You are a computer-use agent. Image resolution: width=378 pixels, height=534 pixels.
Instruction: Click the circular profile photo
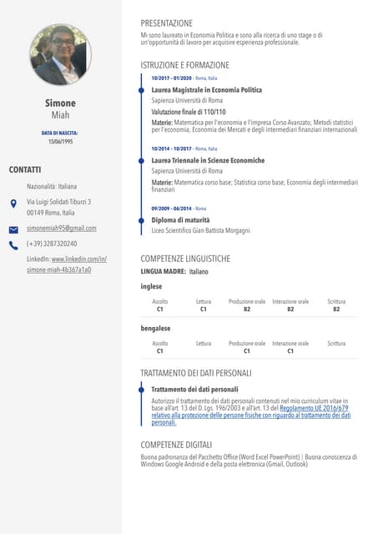pos(61,55)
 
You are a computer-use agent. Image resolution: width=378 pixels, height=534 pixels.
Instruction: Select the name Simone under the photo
pos(60,103)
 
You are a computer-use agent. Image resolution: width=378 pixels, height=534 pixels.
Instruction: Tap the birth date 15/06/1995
pos(60,142)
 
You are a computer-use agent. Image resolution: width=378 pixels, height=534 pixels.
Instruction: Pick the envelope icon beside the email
pos(13,229)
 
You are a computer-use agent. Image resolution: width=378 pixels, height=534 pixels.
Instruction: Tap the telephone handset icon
pos(13,245)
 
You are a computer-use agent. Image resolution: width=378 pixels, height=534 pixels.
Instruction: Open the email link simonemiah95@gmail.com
pos(62,228)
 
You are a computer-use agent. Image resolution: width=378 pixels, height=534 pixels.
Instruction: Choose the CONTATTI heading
pos(25,169)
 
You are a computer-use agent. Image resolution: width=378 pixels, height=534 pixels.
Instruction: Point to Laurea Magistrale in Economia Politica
pos(206,89)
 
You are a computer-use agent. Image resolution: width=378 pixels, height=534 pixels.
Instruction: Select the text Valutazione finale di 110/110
pos(189,111)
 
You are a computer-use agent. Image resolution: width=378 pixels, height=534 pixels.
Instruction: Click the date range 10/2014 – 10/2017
pos(171,149)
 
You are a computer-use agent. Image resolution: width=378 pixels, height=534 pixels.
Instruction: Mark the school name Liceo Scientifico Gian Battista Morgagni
pos(200,229)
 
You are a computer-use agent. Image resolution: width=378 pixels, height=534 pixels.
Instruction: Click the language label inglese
pos(151,286)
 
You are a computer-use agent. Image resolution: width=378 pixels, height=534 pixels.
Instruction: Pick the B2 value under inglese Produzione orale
pos(247,309)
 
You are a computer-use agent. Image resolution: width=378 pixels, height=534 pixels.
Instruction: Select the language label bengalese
pos(155,329)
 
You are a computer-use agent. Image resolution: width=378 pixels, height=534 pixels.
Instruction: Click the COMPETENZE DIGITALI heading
pos(176,444)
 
